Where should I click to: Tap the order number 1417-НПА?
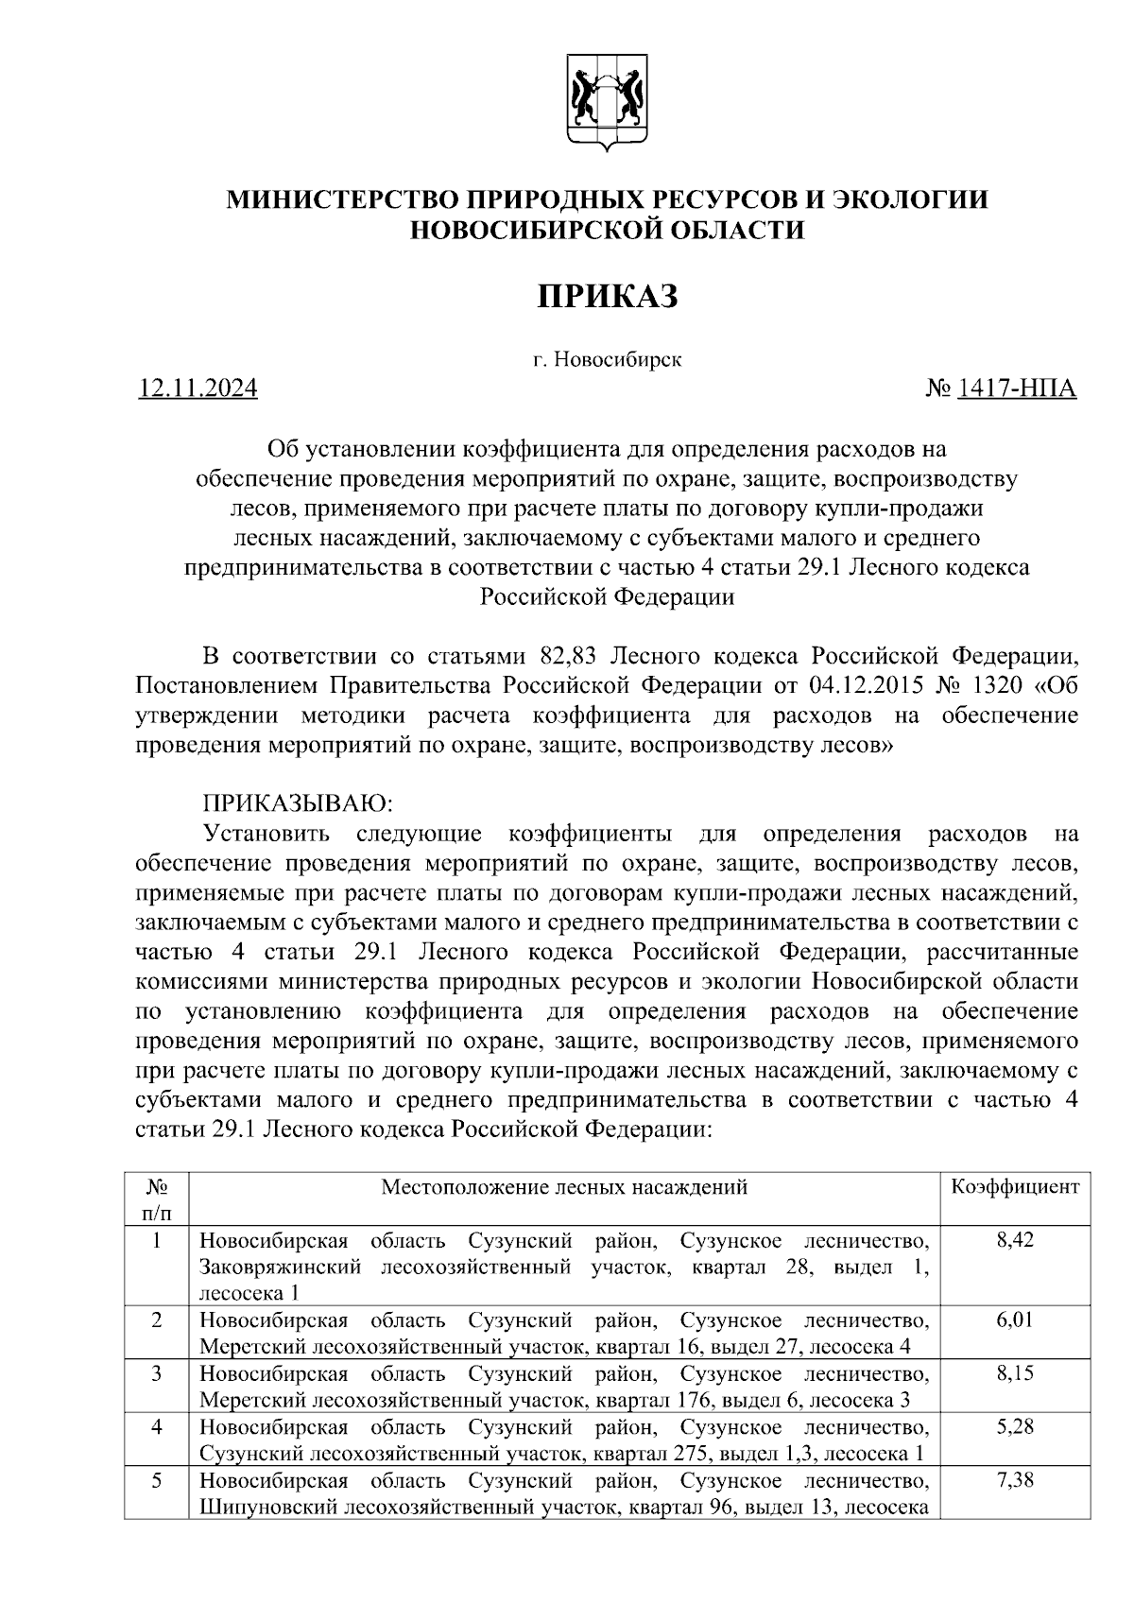pos(1017,388)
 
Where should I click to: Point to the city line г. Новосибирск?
pos(607,359)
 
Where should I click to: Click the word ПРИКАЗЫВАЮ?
pos(297,804)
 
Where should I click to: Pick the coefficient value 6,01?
pos(1015,1319)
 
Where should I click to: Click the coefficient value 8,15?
pos(1015,1373)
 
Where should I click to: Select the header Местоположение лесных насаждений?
pos(564,1187)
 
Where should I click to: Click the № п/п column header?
pos(157,1199)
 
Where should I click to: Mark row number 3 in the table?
pos(157,1373)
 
